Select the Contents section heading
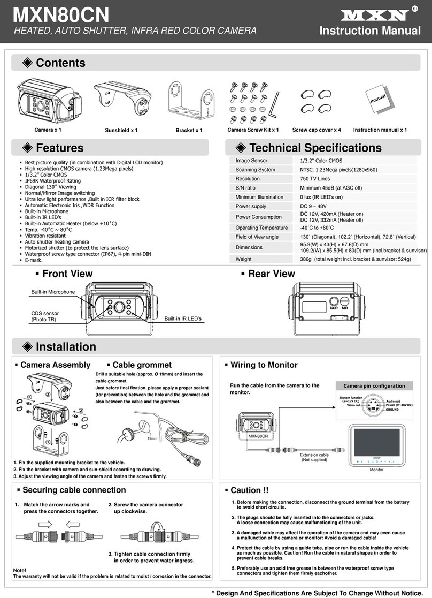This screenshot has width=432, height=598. coord(60,63)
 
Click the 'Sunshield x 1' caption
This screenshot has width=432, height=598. coord(121,130)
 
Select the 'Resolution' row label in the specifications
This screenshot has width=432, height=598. coord(248,179)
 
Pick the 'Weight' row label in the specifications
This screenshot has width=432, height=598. coord(243,259)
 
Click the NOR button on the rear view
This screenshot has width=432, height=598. coord(335,302)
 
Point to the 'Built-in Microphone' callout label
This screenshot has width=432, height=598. coord(53,292)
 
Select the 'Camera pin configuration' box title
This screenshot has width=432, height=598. coord(374,385)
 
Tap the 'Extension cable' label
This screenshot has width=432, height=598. coord(314,455)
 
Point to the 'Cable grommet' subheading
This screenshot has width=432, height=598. coord(142,365)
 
